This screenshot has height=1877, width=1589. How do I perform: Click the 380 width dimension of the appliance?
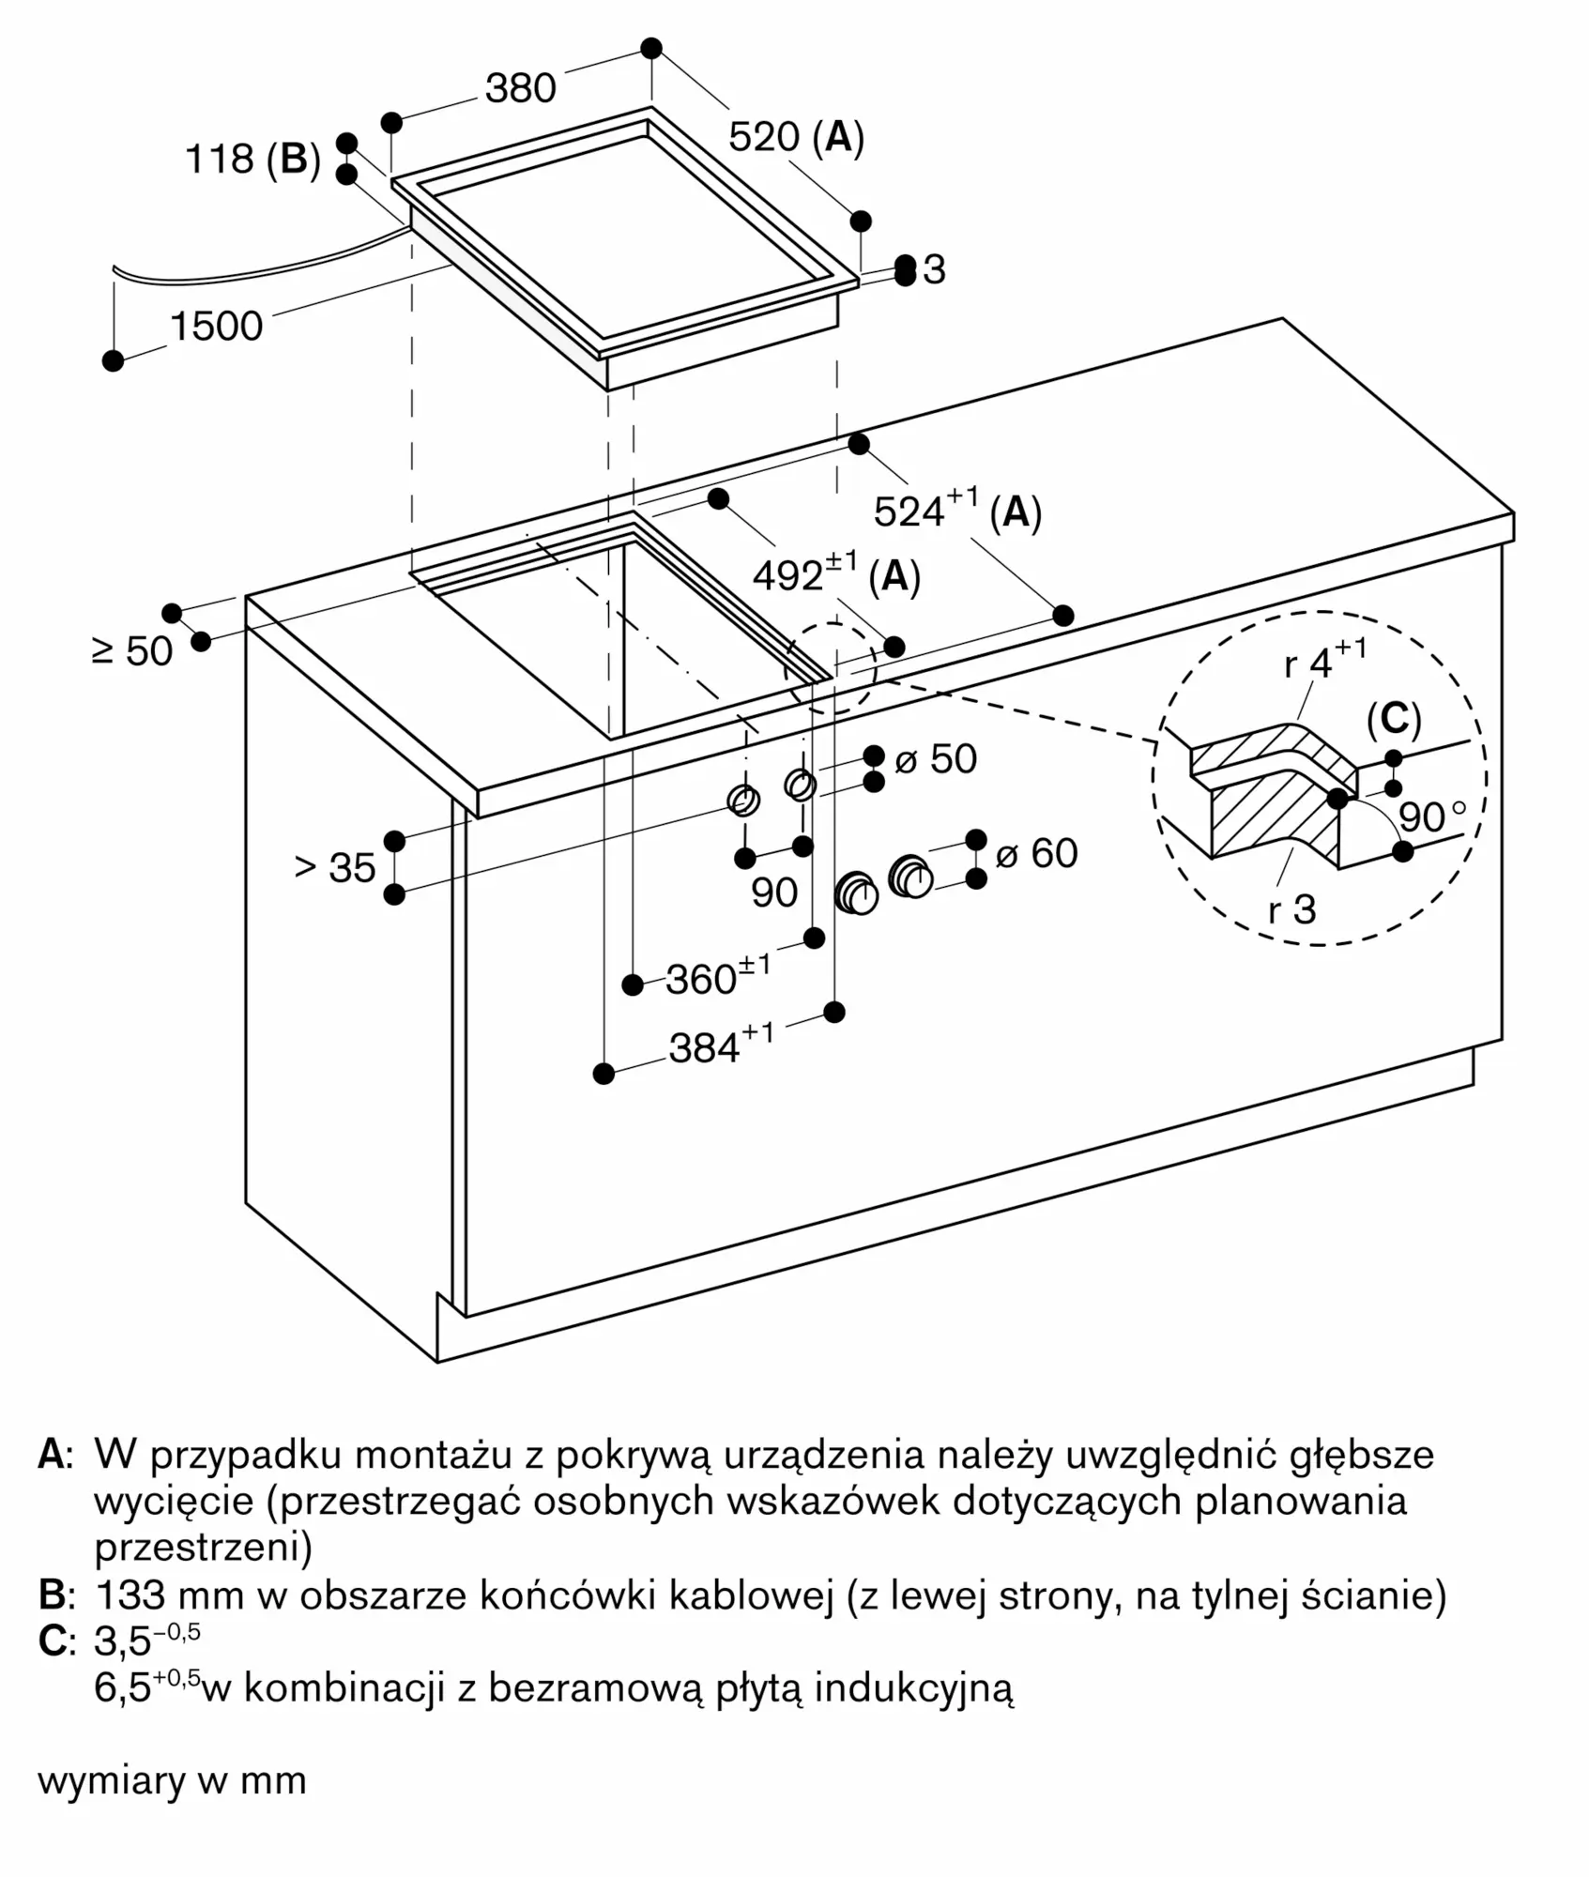521,88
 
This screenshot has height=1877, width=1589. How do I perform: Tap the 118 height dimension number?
220,159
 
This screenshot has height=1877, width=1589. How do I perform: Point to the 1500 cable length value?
216,327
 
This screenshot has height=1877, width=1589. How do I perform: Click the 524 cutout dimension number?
909,511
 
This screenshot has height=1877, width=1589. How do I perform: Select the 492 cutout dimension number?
788,576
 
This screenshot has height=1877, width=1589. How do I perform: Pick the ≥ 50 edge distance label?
133,651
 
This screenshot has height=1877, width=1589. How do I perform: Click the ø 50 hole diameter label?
936,759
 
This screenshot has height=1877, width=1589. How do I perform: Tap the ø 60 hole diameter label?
1036,853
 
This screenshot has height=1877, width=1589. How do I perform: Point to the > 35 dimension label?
335,868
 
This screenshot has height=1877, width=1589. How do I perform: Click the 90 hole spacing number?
774,893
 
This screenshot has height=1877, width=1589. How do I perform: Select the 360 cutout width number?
701,980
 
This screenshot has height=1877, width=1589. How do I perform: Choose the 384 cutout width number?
705,1048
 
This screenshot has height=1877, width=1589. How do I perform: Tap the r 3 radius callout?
1292,909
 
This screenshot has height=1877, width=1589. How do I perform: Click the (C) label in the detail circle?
1394,720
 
